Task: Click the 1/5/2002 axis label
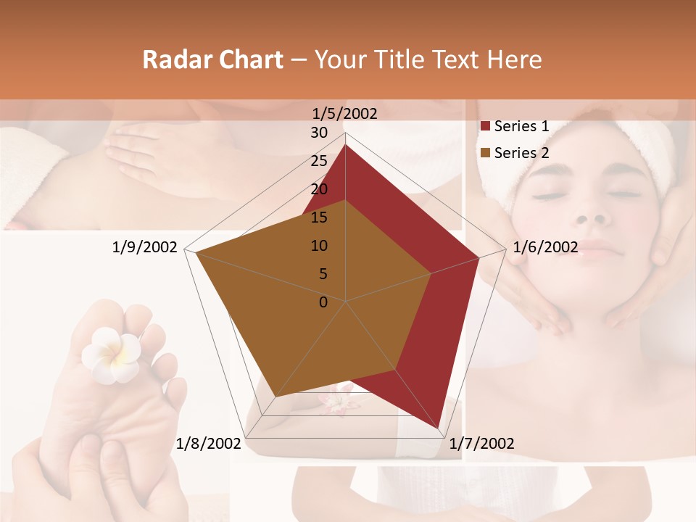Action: [x=344, y=114]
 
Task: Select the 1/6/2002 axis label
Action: [x=545, y=247]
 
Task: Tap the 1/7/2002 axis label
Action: [x=481, y=444]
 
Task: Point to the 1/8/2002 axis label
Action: [x=209, y=444]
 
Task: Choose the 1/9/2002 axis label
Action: [x=145, y=247]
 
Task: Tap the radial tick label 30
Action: [x=319, y=133]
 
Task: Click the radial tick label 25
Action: [x=319, y=161]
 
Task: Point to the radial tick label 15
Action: [x=319, y=217]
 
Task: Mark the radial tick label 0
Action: [x=323, y=302]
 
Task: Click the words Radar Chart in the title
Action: [x=212, y=59]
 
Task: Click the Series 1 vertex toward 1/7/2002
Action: [x=438, y=428]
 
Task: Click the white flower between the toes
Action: [x=111, y=353]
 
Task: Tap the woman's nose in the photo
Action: [x=594, y=215]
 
